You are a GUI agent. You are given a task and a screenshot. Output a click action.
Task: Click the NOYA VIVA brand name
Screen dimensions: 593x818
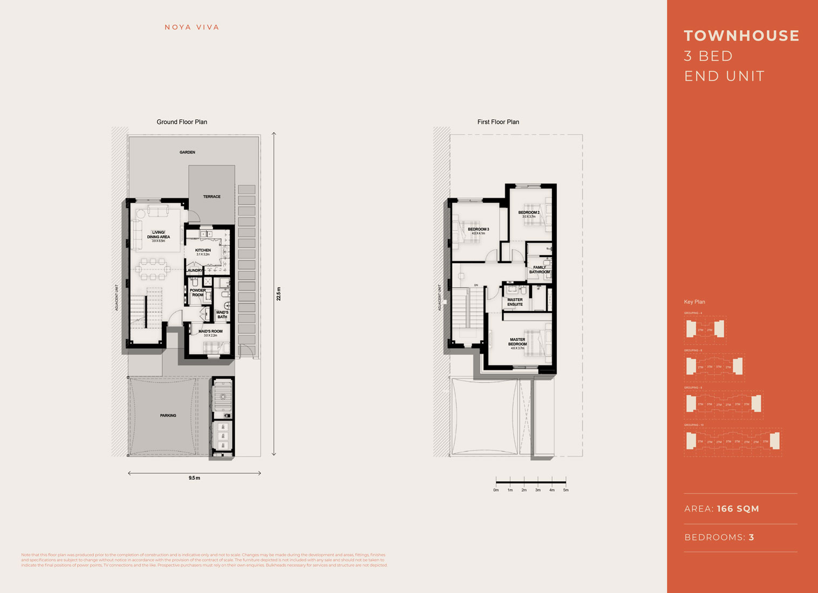click(x=192, y=27)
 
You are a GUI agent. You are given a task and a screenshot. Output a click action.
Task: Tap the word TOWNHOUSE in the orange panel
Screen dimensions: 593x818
click(x=741, y=36)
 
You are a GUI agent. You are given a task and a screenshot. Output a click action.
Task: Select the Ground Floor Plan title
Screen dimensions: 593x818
click(x=182, y=122)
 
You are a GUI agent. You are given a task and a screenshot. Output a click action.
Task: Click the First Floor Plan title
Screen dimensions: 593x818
click(x=498, y=122)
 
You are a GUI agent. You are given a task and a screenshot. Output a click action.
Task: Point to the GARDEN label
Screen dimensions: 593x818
click(x=187, y=153)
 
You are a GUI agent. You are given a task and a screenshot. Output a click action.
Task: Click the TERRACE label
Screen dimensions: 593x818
click(x=212, y=197)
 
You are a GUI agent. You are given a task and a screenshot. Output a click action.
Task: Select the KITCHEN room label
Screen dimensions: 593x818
click(x=203, y=251)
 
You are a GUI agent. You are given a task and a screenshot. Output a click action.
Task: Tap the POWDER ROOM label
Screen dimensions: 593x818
click(x=197, y=293)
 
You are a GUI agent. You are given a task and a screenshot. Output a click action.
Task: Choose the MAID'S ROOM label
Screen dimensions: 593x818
click(x=210, y=332)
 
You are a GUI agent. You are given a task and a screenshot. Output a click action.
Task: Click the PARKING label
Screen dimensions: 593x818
click(x=168, y=416)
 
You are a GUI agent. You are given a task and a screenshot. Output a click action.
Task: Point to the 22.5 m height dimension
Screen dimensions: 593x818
click(x=279, y=294)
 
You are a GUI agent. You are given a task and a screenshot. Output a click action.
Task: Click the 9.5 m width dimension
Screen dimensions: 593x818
click(x=194, y=478)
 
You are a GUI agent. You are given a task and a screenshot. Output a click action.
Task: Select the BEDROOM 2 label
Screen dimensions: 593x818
click(x=529, y=212)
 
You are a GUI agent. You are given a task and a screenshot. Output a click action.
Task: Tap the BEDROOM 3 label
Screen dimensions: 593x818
click(x=478, y=230)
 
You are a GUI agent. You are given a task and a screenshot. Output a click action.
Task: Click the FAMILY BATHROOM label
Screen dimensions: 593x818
click(x=539, y=270)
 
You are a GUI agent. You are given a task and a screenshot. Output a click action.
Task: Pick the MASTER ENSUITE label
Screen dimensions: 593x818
click(x=515, y=302)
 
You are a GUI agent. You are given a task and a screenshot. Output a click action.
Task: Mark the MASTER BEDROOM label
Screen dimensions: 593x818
click(x=517, y=342)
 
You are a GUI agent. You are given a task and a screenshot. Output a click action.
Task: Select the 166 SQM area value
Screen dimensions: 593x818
click(x=738, y=509)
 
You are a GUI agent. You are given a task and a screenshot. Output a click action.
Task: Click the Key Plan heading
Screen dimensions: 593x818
click(x=694, y=302)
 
